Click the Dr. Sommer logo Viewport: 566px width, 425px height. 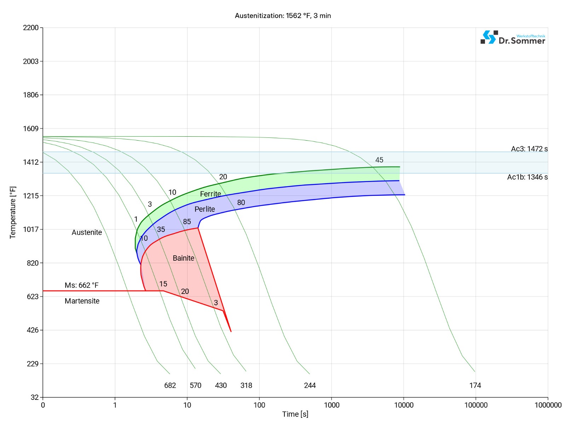click(x=513, y=38)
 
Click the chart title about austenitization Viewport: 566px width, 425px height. click(x=283, y=16)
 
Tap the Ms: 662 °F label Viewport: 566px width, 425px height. click(x=81, y=285)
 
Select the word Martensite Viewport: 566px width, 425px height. click(x=82, y=301)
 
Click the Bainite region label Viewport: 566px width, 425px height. click(x=183, y=258)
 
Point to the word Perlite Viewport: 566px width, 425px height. click(x=204, y=209)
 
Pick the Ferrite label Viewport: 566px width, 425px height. click(x=210, y=194)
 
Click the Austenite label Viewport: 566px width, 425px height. click(x=87, y=232)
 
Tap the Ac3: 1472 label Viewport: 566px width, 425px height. click(x=529, y=149)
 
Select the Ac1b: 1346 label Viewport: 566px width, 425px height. click(x=527, y=177)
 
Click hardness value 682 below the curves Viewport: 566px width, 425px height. click(x=170, y=385)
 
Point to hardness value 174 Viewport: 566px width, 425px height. click(x=475, y=385)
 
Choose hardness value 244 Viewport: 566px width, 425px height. click(x=310, y=385)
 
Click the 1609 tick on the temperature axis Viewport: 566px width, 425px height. click(x=31, y=129)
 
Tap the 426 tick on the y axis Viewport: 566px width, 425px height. click(x=33, y=330)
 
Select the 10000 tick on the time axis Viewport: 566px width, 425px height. click(x=404, y=405)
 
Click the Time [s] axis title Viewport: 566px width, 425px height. click(x=295, y=414)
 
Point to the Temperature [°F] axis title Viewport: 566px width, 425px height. click(x=13, y=212)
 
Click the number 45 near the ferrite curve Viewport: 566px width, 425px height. click(x=379, y=160)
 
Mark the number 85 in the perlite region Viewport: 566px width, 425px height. click(x=187, y=222)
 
